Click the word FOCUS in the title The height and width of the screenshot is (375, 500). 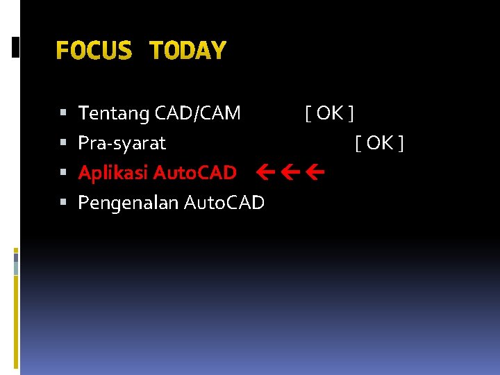pyautogui.click(x=93, y=50)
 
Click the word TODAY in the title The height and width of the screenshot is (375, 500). pyautogui.click(x=187, y=50)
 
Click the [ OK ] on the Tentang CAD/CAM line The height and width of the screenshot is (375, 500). pyautogui.click(x=330, y=112)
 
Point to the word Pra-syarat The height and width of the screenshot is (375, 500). pyautogui.click(x=122, y=143)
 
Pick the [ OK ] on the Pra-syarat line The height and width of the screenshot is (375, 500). pyautogui.click(x=379, y=143)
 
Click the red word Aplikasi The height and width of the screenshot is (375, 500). pyautogui.click(x=112, y=173)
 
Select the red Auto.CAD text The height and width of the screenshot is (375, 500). pyautogui.click(x=194, y=172)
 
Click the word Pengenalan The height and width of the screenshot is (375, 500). pyautogui.click(x=128, y=203)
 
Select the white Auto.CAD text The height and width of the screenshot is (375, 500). pyautogui.click(x=223, y=203)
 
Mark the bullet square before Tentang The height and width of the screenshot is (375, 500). pyautogui.click(x=63, y=112)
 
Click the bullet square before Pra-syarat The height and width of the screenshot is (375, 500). pyautogui.click(x=63, y=143)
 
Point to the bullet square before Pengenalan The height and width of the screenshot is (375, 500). pyautogui.click(x=63, y=203)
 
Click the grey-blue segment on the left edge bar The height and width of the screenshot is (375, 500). pyautogui.click(x=16, y=264)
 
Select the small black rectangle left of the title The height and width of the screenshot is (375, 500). pyautogui.click(x=16, y=47)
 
